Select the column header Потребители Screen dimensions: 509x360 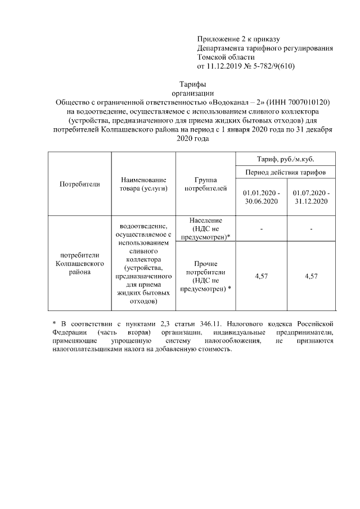(x=79, y=184)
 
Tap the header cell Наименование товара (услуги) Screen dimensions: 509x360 (x=144, y=184)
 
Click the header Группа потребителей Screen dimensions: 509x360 (x=205, y=184)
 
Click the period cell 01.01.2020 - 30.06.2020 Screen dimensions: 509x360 (x=262, y=196)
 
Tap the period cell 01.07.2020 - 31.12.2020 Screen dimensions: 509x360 (x=311, y=196)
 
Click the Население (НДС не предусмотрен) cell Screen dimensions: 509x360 (x=205, y=229)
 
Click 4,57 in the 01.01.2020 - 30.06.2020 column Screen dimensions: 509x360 (x=262, y=276)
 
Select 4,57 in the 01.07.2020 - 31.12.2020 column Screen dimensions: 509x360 (x=311, y=276)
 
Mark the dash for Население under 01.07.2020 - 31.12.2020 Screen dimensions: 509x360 (x=311, y=229)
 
